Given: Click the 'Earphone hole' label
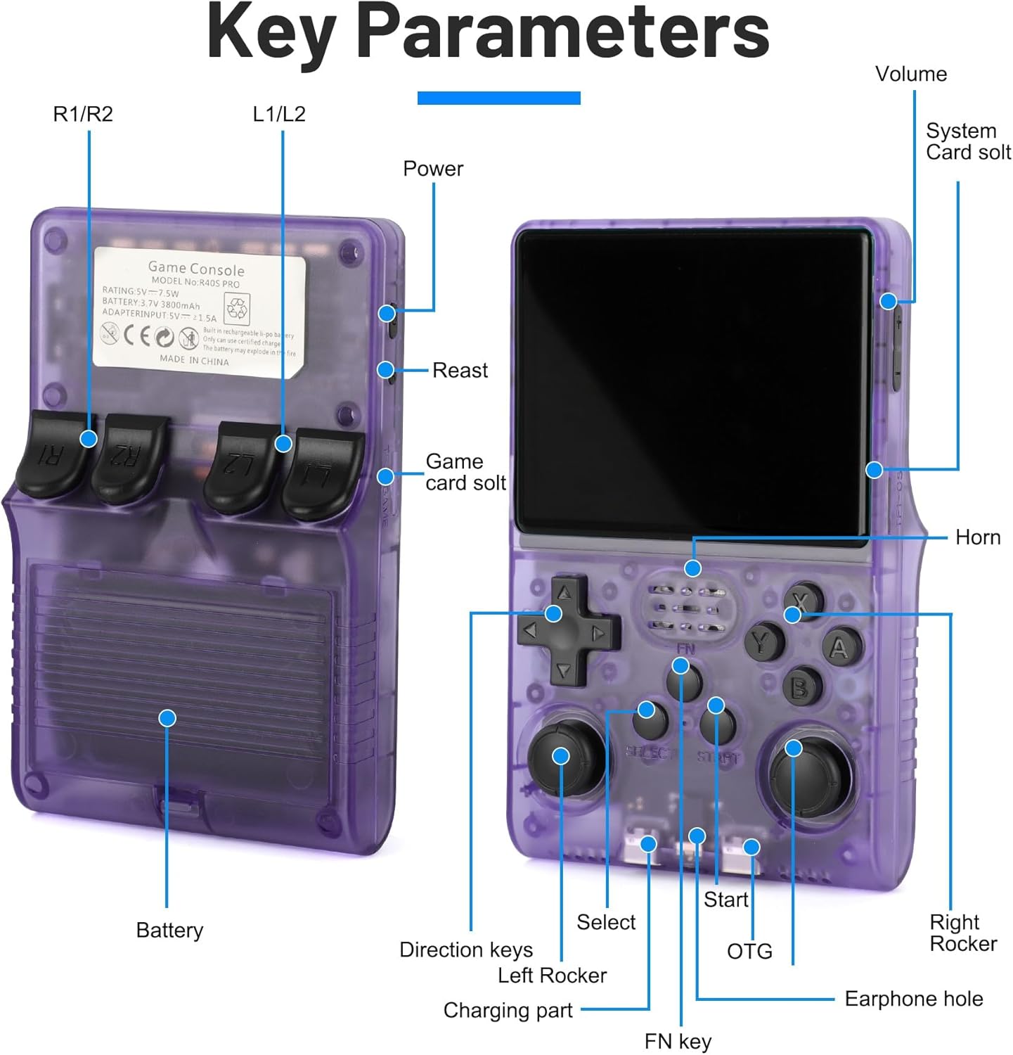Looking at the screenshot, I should click(x=913, y=999).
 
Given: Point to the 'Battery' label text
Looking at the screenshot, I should click(x=169, y=930).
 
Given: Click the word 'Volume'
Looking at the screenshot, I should click(x=910, y=74).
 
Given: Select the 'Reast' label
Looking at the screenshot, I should click(x=460, y=370).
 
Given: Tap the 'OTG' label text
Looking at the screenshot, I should click(x=749, y=952).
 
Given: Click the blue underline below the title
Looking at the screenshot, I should click(x=498, y=98).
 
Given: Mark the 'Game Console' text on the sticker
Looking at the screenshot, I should click(x=196, y=269).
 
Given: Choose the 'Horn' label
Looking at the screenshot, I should click(x=977, y=537).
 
